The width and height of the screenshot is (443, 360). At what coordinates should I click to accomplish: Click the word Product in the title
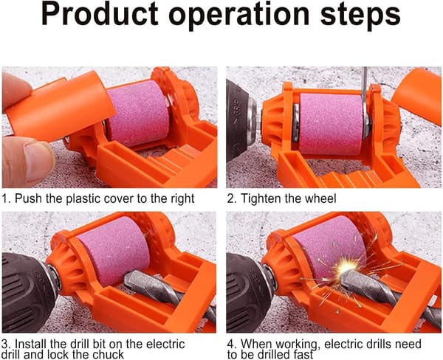click(100, 14)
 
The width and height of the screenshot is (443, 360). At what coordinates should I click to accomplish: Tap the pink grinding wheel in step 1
click(139, 113)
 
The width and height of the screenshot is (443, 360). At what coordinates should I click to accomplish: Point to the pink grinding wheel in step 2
click(331, 124)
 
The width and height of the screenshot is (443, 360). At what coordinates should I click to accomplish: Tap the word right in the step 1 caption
click(182, 199)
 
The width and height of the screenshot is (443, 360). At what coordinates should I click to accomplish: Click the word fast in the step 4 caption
click(303, 354)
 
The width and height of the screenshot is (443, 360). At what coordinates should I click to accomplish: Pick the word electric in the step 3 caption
click(165, 344)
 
